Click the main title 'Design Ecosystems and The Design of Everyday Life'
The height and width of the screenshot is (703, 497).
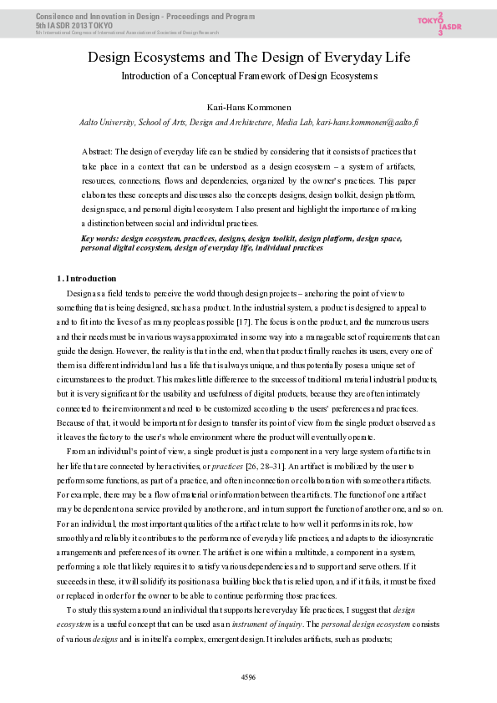pos(248,58)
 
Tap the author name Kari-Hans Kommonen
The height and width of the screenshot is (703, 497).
pos(249,107)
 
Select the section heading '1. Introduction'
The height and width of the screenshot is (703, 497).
pos(86,278)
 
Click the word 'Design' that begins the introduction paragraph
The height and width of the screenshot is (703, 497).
pos(81,294)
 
